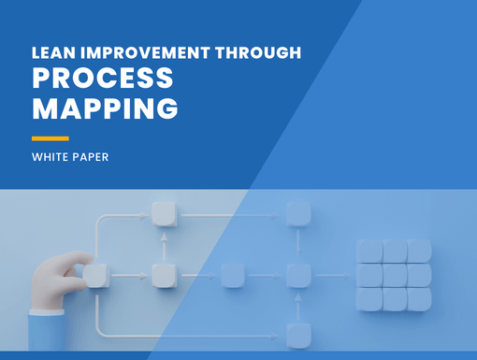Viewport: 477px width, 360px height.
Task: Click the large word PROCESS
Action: (x=104, y=79)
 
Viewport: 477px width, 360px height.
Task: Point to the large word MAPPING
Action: (x=105, y=108)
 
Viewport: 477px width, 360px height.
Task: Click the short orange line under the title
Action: (x=50, y=137)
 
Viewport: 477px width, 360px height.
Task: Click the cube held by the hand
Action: (x=95, y=275)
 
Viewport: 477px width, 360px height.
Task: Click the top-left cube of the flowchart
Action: (x=163, y=213)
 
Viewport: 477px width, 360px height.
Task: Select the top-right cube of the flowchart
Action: (x=297, y=213)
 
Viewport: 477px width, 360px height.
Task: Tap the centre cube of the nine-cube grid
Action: (x=394, y=275)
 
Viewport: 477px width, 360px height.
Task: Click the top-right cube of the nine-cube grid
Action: (x=418, y=251)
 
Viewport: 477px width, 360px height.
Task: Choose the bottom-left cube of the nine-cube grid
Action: (x=369, y=298)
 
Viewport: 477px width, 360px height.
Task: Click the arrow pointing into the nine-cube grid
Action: (x=333, y=276)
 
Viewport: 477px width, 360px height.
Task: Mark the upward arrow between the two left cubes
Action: (x=163, y=244)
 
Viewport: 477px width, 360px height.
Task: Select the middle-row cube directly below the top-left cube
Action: (x=163, y=275)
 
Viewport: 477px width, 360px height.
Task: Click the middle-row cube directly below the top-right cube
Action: (x=297, y=275)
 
